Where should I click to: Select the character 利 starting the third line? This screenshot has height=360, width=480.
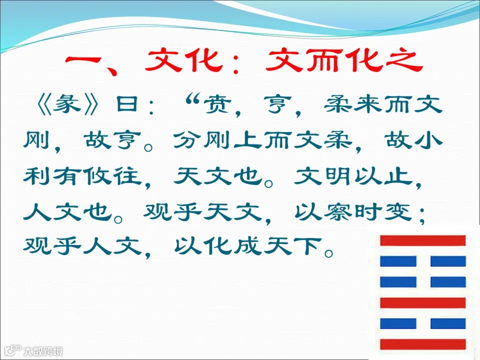click(x=38, y=176)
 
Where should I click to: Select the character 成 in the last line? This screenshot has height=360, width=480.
click(x=247, y=245)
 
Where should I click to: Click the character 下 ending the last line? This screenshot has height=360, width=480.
click(x=306, y=245)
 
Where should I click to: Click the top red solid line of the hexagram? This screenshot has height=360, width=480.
click(x=422, y=240)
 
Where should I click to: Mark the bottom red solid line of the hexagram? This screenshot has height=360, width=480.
click(x=422, y=344)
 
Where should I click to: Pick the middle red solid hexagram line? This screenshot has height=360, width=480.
click(x=422, y=302)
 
